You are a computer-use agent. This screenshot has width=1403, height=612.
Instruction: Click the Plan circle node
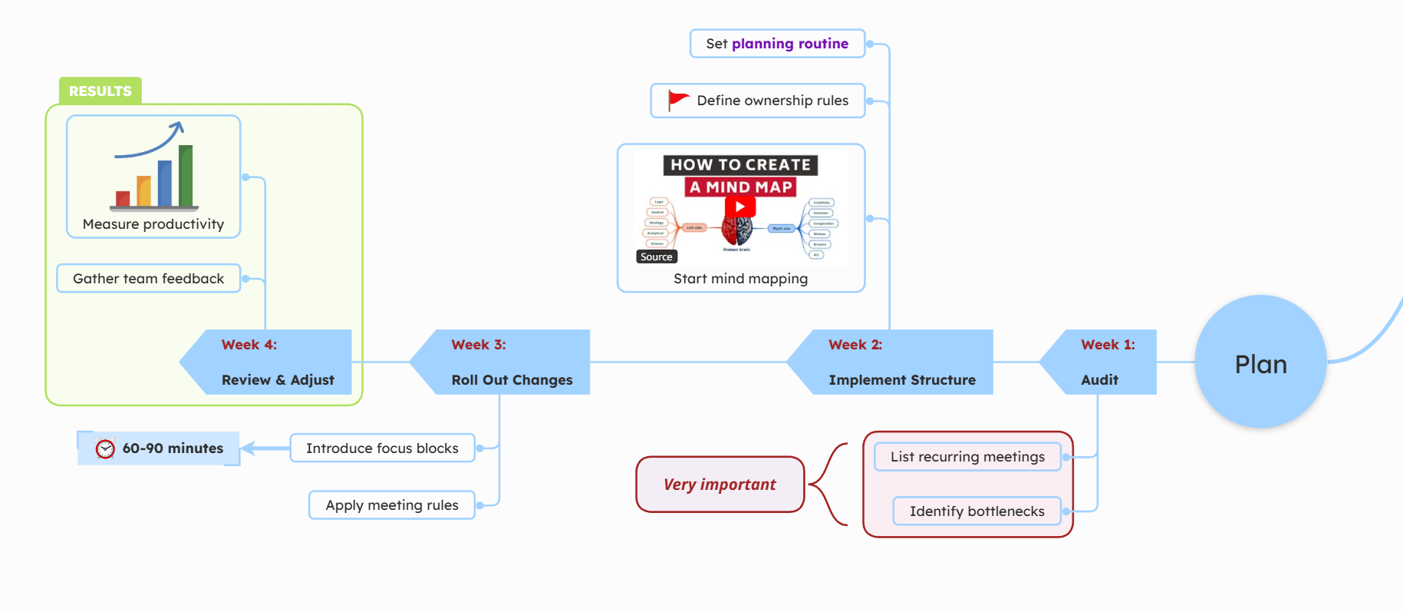(x=1260, y=362)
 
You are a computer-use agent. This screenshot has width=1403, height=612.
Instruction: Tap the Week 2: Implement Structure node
(x=897, y=362)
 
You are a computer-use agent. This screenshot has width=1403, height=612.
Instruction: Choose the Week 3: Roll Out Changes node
(x=506, y=362)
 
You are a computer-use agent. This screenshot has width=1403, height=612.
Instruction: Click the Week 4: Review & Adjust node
(x=272, y=362)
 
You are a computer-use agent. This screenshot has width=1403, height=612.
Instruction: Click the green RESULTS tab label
(x=100, y=91)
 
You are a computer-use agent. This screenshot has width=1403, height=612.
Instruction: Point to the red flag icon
(x=677, y=100)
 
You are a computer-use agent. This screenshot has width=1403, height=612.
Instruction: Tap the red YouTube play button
(x=740, y=207)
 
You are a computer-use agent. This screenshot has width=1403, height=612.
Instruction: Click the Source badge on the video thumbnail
(x=656, y=257)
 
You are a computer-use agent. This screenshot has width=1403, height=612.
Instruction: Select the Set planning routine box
(x=777, y=44)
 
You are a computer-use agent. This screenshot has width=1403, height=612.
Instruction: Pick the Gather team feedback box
(x=149, y=279)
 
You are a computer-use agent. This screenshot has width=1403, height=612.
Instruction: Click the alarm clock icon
(x=105, y=448)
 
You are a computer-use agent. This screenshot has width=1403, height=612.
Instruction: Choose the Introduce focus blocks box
(x=382, y=448)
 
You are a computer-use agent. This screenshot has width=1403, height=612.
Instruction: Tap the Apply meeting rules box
(x=391, y=505)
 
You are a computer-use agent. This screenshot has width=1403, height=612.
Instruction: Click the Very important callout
(x=720, y=485)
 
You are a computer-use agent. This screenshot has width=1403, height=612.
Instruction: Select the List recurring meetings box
(x=967, y=457)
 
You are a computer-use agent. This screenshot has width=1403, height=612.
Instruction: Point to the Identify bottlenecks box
(x=977, y=511)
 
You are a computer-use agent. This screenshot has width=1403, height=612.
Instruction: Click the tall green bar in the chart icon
(x=186, y=176)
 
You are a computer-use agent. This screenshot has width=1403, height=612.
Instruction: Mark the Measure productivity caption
(x=153, y=224)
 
